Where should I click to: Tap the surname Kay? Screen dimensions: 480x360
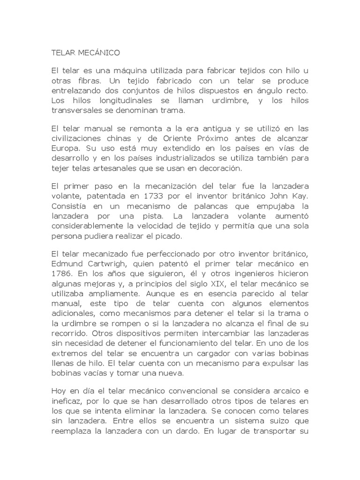pos(299,195)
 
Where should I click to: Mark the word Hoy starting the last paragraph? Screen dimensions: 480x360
pos(58,390)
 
